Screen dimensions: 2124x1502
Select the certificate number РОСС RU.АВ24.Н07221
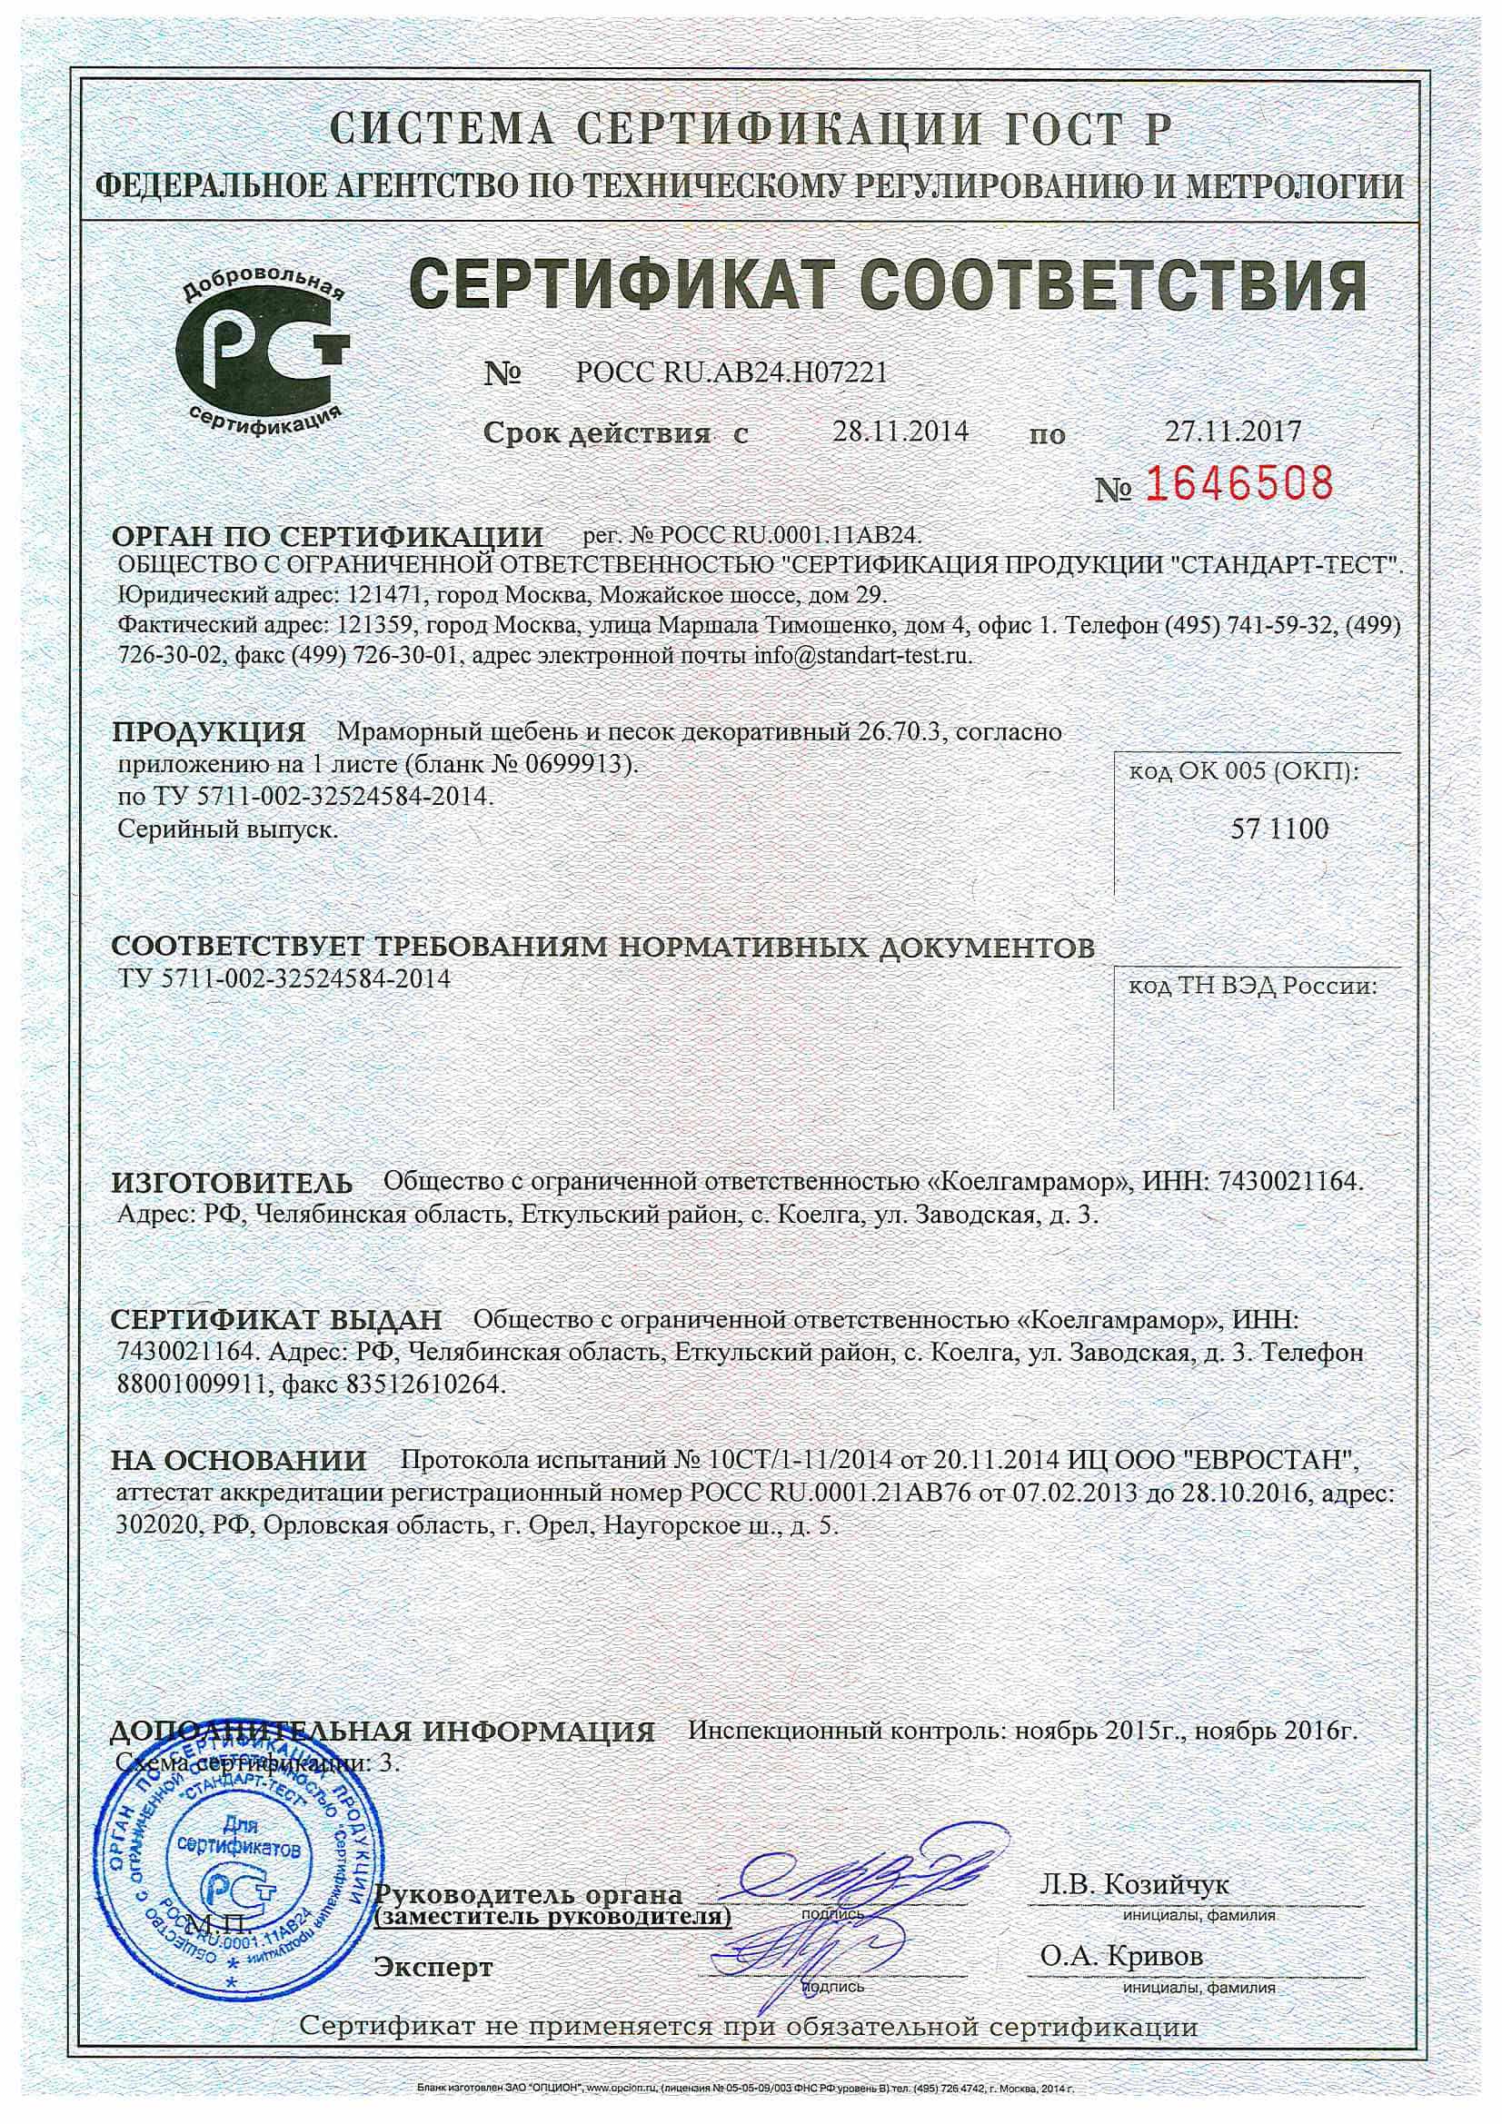[731, 372]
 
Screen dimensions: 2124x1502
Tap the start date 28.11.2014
[900, 432]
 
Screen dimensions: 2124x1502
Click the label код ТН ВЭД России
[1251, 987]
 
